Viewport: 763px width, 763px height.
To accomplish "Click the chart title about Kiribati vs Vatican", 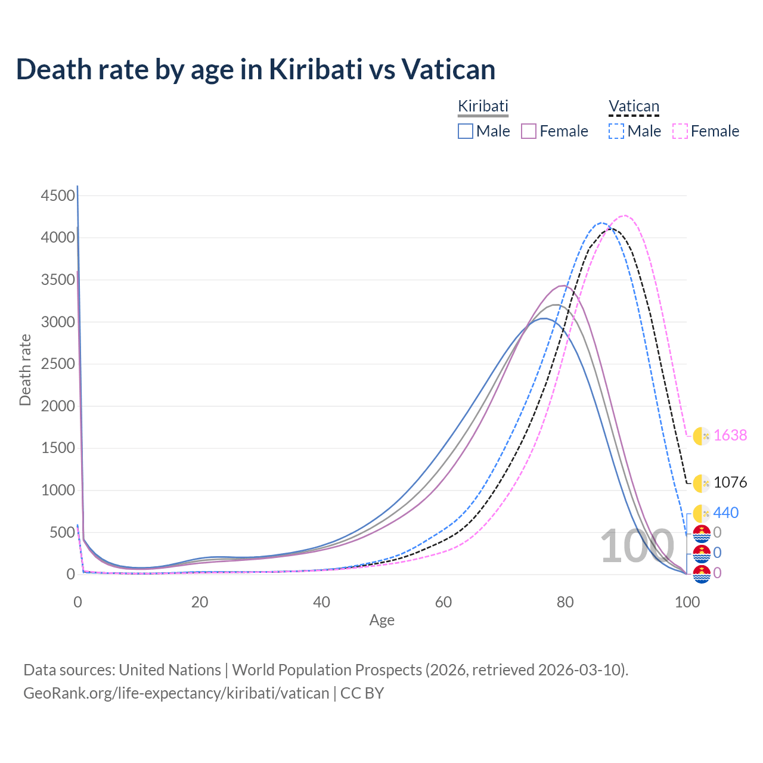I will click(256, 69).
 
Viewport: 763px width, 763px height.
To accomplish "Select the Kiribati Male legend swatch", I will click(466, 131).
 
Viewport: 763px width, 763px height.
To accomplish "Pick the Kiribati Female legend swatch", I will click(529, 131).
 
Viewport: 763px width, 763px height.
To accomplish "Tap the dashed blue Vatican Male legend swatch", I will click(616, 131).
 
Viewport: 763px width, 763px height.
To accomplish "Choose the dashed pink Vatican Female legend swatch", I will click(680, 131).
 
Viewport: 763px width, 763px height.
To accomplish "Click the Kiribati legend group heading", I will click(483, 107).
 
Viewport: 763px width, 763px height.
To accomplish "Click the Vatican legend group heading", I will click(634, 107).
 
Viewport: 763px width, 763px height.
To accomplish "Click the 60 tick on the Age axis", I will click(443, 602).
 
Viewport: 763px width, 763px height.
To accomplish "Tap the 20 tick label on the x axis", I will click(200, 602).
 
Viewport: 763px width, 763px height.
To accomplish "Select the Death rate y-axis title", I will click(25, 370).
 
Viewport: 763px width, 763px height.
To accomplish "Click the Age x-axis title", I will click(381, 621).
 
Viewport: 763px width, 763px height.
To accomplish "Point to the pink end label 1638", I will click(730, 436).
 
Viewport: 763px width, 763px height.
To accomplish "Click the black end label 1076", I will click(730, 482).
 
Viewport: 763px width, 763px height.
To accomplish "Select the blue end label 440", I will click(726, 513).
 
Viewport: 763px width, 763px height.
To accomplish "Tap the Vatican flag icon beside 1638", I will click(702, 436).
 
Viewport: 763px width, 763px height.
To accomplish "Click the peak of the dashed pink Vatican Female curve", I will click(624, 215).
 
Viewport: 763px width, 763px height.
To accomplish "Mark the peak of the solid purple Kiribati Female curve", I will click(562, 286).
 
